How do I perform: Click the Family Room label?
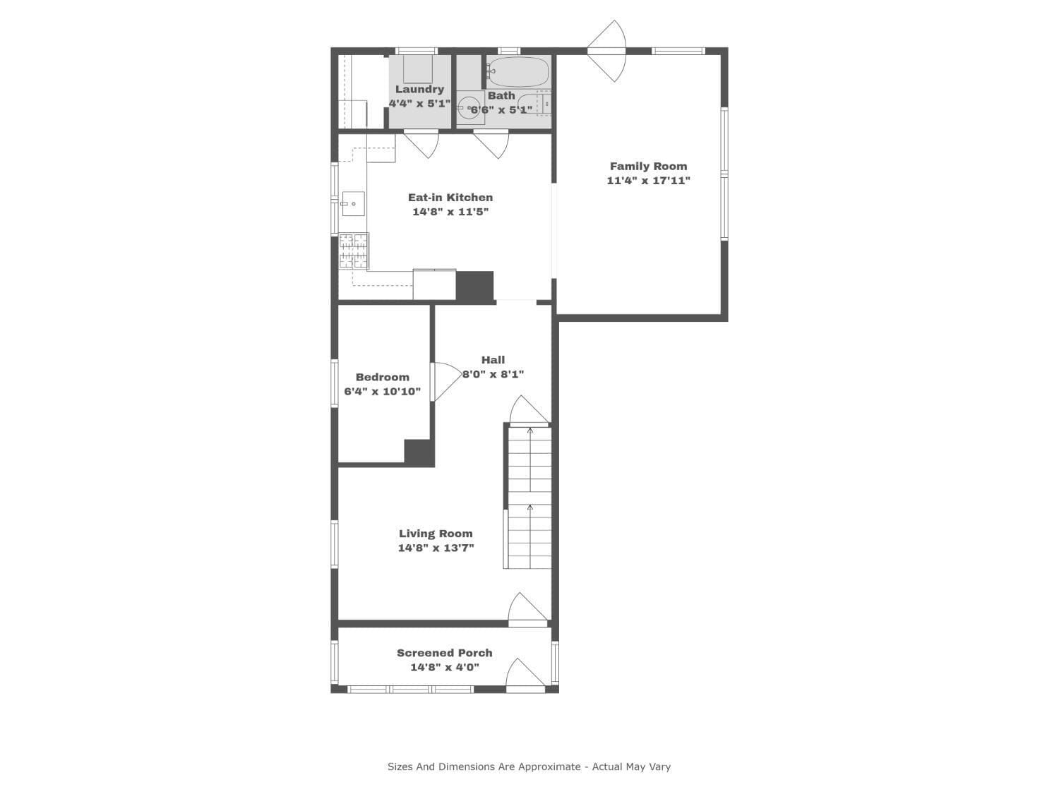coord(648,167)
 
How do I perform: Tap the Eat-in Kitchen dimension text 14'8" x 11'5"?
coord(450,212)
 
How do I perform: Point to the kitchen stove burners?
coord(354,251)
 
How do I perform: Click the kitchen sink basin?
coord(353,203)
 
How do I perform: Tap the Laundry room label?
coord(419,89)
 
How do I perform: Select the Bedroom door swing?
coord(445,381)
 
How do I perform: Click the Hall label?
coord(493,360)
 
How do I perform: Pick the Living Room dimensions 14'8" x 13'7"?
coord(436,548)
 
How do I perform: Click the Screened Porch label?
coord(444,653)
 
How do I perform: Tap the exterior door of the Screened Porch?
coord(525,675)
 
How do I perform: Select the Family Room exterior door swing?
coord(606,51)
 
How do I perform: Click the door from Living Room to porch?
coord(528,609)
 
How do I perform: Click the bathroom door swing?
coord(491,144)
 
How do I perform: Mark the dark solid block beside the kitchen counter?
coord(475,287)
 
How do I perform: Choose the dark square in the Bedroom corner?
coord(419,452)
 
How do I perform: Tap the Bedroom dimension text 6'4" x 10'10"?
coord(382,392)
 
